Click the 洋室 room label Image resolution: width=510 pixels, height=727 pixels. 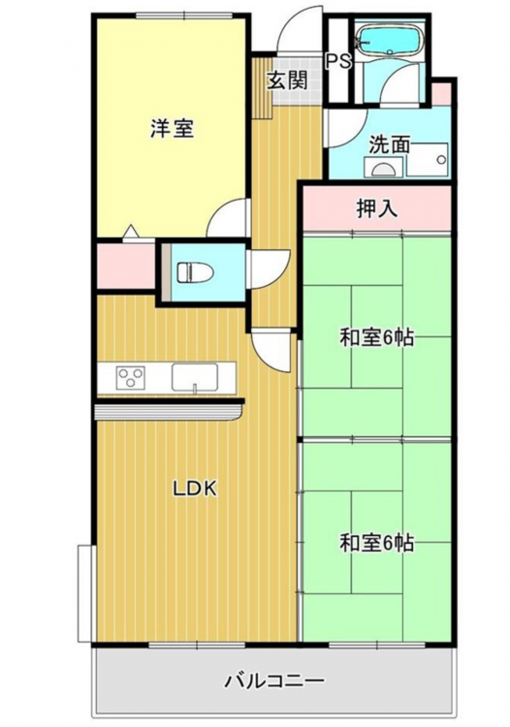172,128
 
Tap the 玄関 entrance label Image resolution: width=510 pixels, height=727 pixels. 287,81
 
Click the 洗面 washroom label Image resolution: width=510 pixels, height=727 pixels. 390,145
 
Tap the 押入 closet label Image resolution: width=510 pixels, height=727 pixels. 377,208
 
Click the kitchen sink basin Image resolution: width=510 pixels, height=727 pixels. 195,377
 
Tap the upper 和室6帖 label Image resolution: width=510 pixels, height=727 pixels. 376,337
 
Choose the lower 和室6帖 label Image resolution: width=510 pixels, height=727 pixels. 376,543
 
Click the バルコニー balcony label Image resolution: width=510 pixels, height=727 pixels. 274,681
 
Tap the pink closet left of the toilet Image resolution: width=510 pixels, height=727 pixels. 126,266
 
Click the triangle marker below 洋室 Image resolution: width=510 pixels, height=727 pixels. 130,231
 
